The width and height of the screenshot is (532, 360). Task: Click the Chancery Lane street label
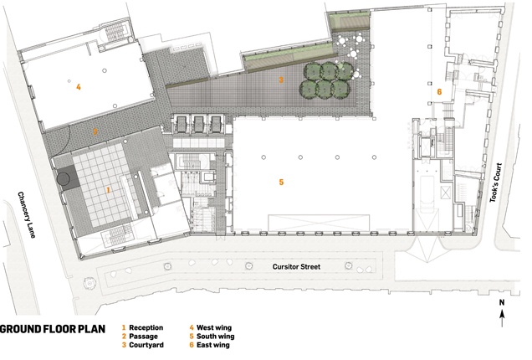[x=27, y=215]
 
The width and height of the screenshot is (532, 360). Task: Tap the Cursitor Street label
[x=296, y=266]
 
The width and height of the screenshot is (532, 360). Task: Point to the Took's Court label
[x=495, y=183]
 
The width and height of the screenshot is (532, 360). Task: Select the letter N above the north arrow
[x=502, y=302]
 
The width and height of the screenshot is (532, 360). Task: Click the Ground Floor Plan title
[x=53, y=329]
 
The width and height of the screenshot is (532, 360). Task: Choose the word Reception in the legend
[x=146, y=327]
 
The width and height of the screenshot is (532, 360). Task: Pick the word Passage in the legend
[x=143, y=337]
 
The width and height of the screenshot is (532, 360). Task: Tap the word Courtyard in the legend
[x=146, y=345]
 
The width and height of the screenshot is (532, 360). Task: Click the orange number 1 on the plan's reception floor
[x=108, y=190]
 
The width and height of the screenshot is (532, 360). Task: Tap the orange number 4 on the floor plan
[x=79, y=87]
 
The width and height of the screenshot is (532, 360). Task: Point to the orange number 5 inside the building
[x=281, y=183]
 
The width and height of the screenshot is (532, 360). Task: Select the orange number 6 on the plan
[x=439, y=92]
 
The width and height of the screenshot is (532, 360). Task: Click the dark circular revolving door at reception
[x=64, y=178]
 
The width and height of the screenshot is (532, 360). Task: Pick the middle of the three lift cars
[x=197, y=124]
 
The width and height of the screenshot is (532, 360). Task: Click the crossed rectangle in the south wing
[x=319, y=223]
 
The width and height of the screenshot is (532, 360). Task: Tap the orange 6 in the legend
[x=192, y=345]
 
